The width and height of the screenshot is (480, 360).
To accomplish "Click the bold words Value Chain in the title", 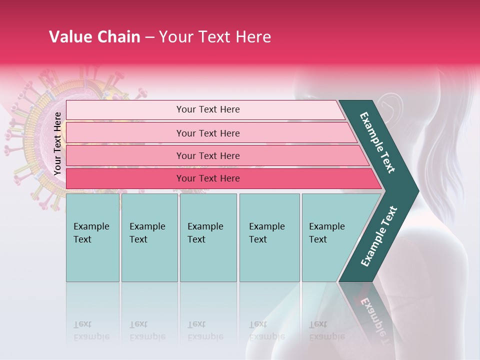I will [x=94, y=37].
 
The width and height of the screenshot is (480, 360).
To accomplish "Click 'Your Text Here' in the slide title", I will [x=215, y=37].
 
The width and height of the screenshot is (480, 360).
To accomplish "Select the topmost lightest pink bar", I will [x=207, y=109].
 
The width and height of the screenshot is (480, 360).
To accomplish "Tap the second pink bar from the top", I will [x=207, y=133].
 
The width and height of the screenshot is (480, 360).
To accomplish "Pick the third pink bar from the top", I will [x=207, y=155].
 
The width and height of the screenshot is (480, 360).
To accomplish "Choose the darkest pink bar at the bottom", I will [x=207, y=178].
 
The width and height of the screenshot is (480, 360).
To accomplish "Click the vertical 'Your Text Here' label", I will [x=57, y=143].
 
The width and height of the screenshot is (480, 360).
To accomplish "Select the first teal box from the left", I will [x=92, y=237].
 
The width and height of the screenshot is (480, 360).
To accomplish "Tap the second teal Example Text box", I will [x=149, y=237].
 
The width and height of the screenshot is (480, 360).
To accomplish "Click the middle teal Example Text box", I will [x=208, y=237].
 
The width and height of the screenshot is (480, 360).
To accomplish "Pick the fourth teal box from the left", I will [x=269, y=237].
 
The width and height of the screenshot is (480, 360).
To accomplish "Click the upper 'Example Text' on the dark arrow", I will [x=377, y=142].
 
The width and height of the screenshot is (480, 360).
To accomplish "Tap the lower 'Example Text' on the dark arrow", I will [x=378, y=236].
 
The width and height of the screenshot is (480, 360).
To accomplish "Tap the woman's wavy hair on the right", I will [x=450, y=150].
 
